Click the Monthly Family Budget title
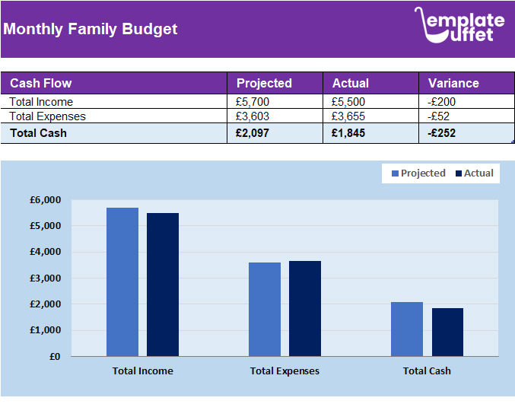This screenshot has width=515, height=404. [90, 30]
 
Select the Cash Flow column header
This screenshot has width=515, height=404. [41, 83]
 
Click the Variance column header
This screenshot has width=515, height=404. [453, 83]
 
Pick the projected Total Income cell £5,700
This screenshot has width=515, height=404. [253, 102]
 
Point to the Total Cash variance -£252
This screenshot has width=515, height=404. [442, 133]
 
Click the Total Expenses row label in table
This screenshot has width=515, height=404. [47, 116]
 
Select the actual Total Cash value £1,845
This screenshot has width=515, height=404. [348, 133]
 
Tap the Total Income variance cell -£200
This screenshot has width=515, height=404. [442, 102]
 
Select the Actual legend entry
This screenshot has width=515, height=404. [474, 173]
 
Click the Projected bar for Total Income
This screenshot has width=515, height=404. [122, 282]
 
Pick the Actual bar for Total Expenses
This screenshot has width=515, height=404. [305, 308]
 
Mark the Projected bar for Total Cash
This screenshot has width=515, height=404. [407, 329]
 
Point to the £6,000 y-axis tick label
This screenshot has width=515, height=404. [45, 200]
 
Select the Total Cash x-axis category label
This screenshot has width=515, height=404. [427, 371]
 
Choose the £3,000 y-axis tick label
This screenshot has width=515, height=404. [45, 278]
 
